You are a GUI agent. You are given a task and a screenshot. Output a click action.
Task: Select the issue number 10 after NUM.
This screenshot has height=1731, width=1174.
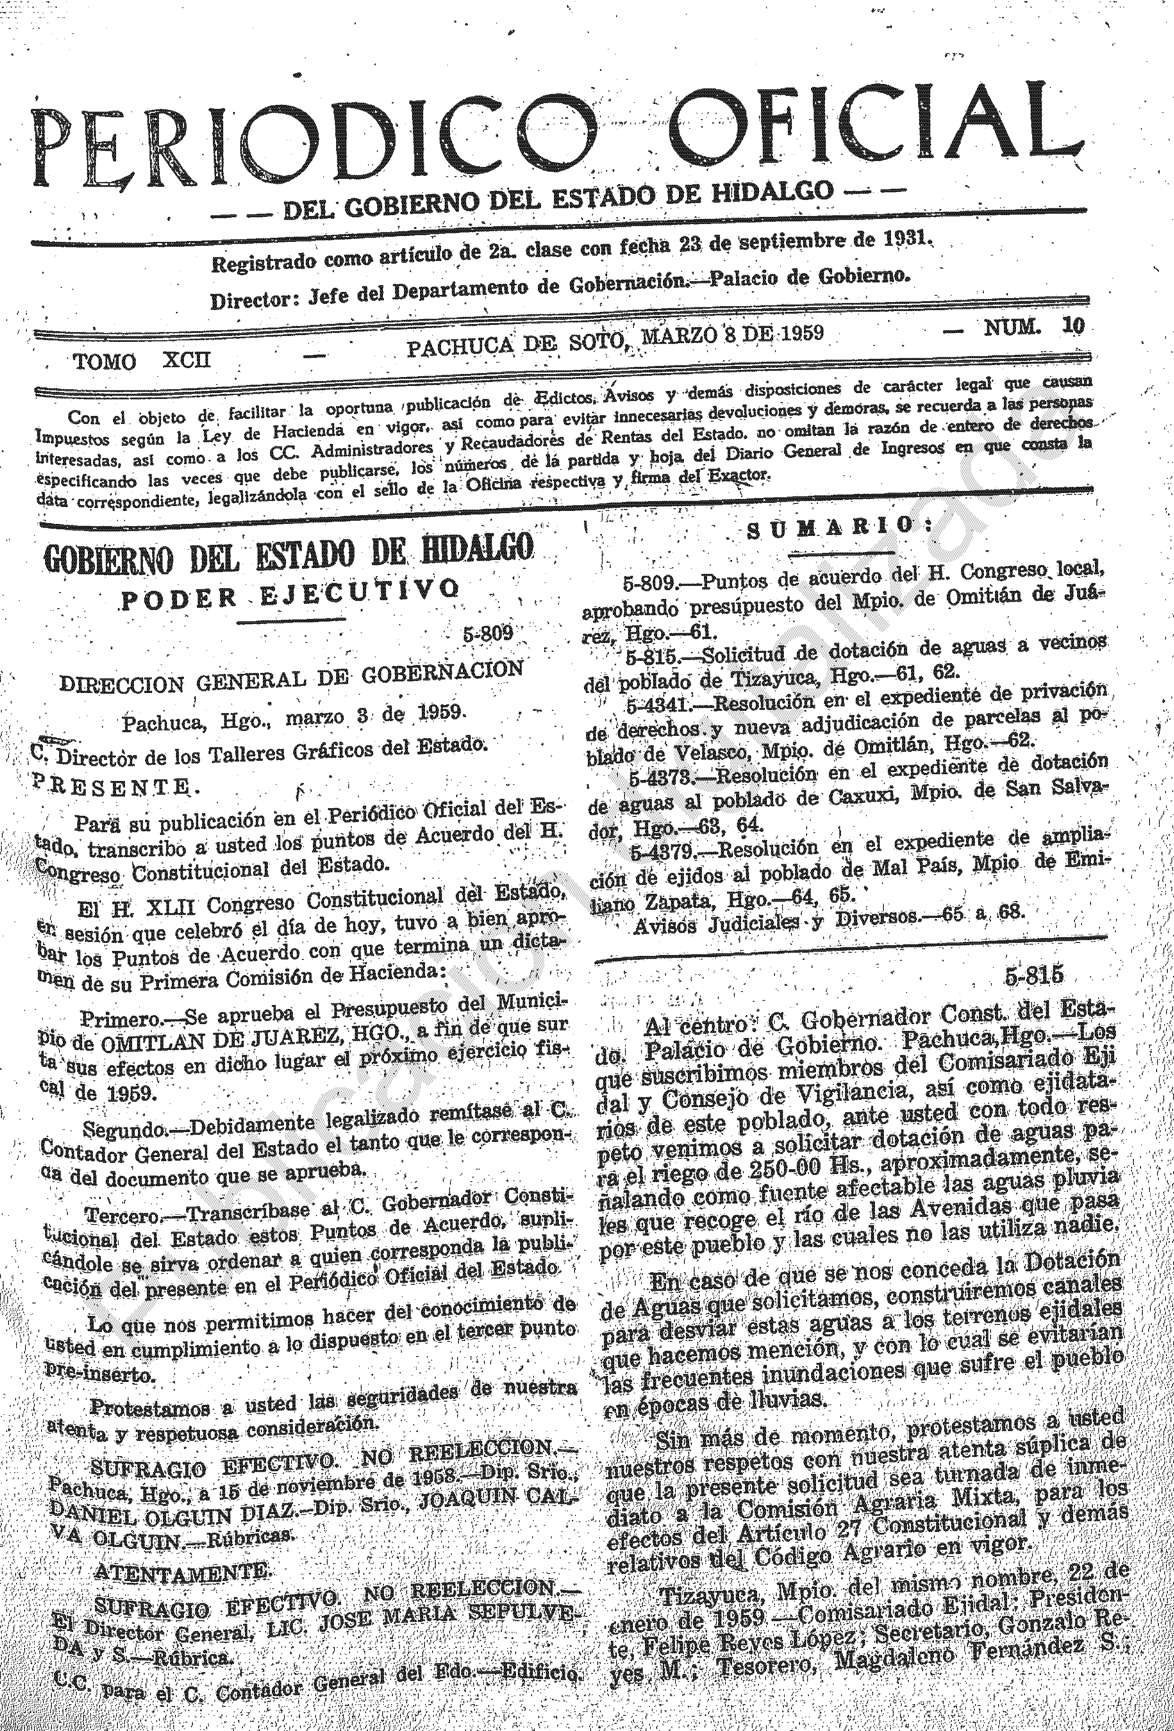tap(1074, 327)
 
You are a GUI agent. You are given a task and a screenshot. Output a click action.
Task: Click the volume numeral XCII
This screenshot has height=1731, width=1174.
tap(186, 361)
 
